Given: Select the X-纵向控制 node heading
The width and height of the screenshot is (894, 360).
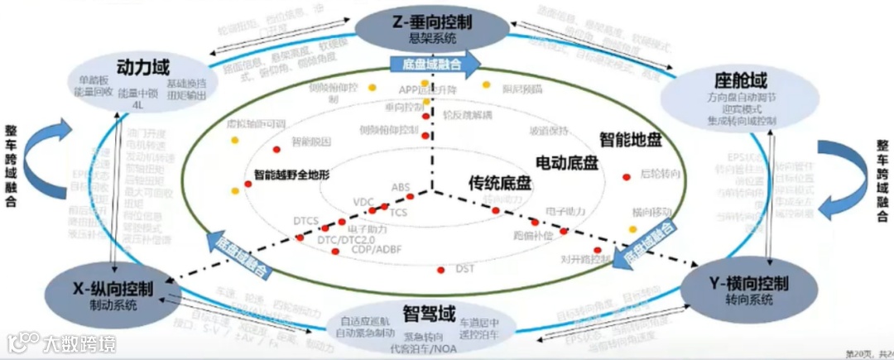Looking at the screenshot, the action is point(113,289).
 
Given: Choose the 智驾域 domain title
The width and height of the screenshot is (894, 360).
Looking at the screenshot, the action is point(430,314).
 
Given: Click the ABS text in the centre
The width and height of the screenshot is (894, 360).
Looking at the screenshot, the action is point(401,187).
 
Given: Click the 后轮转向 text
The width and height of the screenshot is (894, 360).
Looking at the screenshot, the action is point(660,175).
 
